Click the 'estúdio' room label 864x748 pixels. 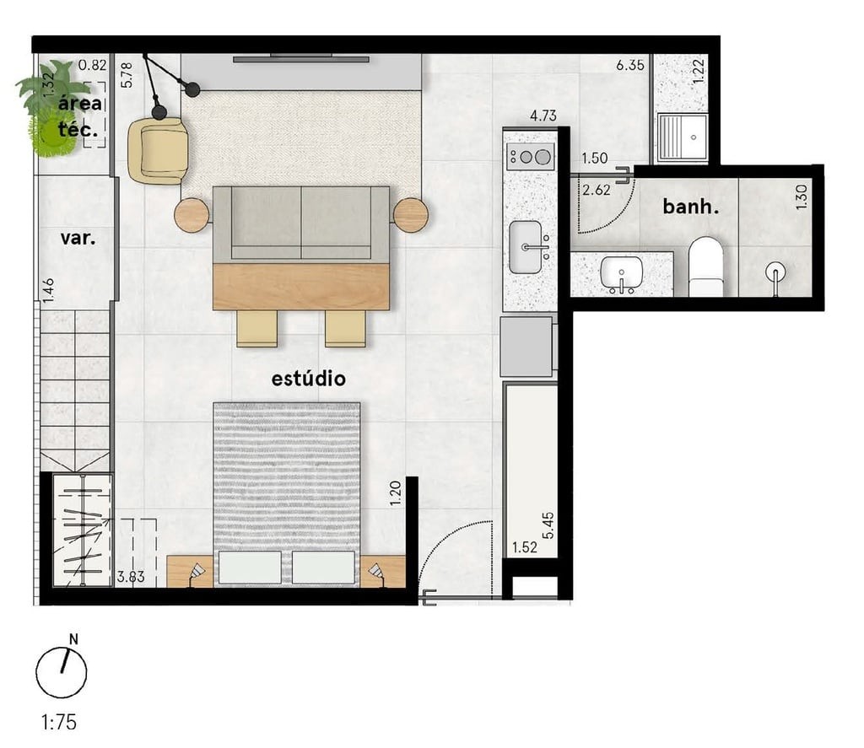[308, 379]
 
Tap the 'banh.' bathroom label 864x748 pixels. [690, 207]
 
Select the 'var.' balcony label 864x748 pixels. [77, 238]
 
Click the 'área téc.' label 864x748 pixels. [81, 116]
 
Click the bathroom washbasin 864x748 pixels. [621, 274]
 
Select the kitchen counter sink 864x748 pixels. [526, 247]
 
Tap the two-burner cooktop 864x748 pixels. [530, 156]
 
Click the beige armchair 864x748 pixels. [159, 149]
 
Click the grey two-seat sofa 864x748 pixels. [300, 223]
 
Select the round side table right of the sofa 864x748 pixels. [411, 215]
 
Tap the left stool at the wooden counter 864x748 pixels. [257, 328]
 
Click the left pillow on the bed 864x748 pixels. [250, 567]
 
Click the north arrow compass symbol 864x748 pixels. [62, 670]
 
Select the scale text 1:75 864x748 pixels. [58, 723]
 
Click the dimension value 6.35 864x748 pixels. [630, 65]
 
